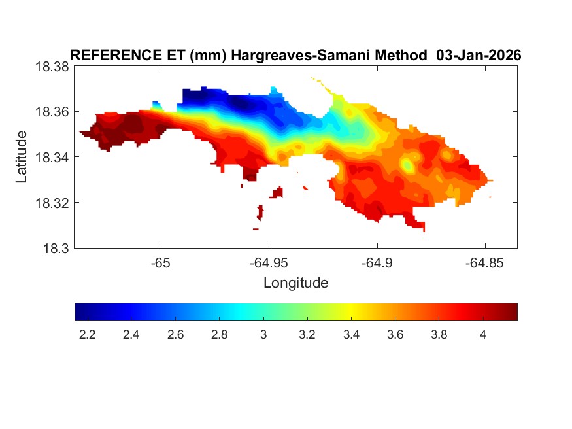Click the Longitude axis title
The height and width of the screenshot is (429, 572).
click(295, 283)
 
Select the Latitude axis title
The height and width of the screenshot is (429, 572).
click(22, 157)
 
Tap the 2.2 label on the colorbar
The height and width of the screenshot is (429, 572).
click(87, 335)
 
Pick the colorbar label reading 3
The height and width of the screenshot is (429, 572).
click(263, 335)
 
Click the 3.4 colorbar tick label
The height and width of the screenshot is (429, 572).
click(351, 335)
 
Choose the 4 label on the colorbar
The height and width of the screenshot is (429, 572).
click(482, 335)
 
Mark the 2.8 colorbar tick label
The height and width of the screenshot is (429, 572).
click(219, 335)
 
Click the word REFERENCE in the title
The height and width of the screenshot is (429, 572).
click(112, 56)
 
